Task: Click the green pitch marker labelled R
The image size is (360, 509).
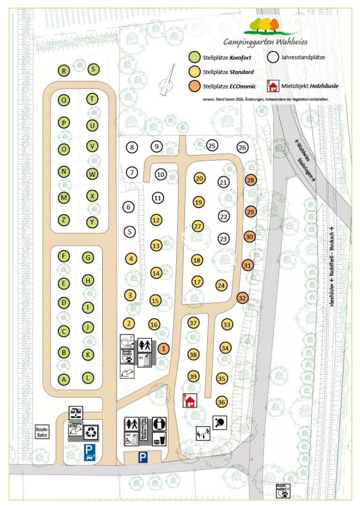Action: click(64, 71)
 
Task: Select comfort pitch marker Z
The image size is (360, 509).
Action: click(64, 219)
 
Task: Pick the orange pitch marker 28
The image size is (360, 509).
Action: click(251, 180)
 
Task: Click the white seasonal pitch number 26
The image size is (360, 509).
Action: click(242, 148)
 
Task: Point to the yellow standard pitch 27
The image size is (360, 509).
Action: click(198, 226)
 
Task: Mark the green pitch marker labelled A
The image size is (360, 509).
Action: click(64, 380)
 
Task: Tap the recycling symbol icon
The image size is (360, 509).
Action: click(91, 433)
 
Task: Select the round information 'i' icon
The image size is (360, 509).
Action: click(160, 424)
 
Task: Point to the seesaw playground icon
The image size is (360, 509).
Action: click(203, 434)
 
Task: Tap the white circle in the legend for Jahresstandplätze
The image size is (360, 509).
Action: click(272, 58)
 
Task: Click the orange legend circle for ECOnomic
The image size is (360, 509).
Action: click(194, 86)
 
